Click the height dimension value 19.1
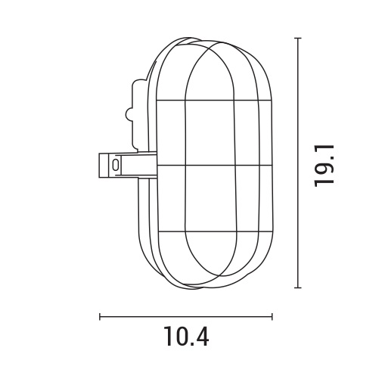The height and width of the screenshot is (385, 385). [325, 163]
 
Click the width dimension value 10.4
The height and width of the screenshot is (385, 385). [186, 335]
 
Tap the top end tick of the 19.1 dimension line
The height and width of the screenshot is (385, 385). [297, 38]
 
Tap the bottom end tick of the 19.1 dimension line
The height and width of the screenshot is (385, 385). [297, 287]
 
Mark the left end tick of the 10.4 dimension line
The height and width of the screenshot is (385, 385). [100, 316]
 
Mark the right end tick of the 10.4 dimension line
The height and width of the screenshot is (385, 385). [272, 316]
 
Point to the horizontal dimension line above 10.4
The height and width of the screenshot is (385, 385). [186, 316]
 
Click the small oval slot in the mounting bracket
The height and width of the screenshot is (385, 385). [115, 164]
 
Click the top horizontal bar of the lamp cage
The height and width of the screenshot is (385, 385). [213, 100]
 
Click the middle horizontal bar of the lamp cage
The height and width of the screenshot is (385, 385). [213, 164]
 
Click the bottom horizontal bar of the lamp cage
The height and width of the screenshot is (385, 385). [213, 229]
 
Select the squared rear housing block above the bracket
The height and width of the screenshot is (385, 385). [138, 113]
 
